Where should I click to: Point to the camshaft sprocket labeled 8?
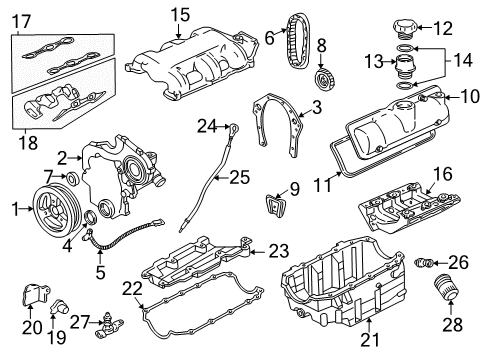click(x=322, y=78)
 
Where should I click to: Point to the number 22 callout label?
click(x=131, y=288)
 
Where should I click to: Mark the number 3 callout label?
click(x=316, y=107)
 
